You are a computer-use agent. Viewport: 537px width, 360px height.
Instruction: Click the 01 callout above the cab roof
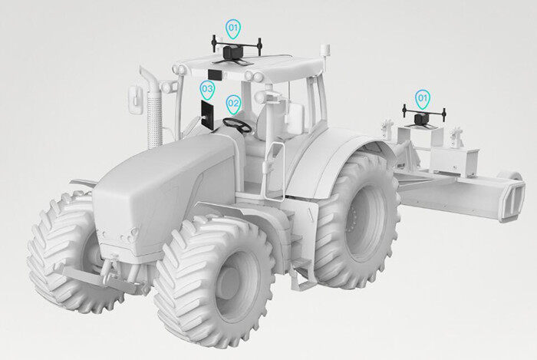point(233,28)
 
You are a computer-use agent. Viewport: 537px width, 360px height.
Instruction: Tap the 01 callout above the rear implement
point(423,99)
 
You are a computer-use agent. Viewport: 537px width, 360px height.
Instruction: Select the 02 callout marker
point(233,104)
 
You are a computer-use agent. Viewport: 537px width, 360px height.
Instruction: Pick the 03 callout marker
point(207,90)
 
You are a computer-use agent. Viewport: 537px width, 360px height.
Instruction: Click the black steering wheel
point(237,124)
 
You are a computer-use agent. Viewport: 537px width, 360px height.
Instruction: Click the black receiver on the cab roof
point(234,52)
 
